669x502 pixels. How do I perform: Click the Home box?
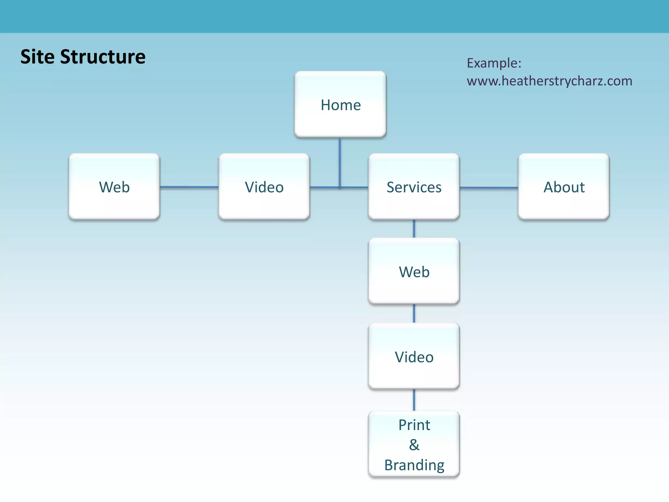point(340,105)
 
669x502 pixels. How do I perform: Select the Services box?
point(414,187)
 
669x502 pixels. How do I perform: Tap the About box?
point(564,187)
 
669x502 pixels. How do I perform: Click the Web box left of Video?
point(114,187)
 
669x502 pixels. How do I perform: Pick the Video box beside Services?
point(264,187)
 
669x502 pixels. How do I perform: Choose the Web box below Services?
point(414,272)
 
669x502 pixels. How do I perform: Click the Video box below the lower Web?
point(414,357)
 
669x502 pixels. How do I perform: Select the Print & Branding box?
point(414,444)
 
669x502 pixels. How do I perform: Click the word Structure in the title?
point(103,57)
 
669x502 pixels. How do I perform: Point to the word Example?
point(494,63)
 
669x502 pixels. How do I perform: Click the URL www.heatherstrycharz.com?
point(549,81)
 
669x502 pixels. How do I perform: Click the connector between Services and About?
point(489,188)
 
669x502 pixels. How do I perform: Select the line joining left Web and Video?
point(189,187)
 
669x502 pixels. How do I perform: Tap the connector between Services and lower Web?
point(414,229)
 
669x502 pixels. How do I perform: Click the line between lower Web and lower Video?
point(414,313)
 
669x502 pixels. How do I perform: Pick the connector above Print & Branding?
point(414,400)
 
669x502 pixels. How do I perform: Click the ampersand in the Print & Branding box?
point(414,445)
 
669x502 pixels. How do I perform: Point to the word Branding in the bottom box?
point(414,465)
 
